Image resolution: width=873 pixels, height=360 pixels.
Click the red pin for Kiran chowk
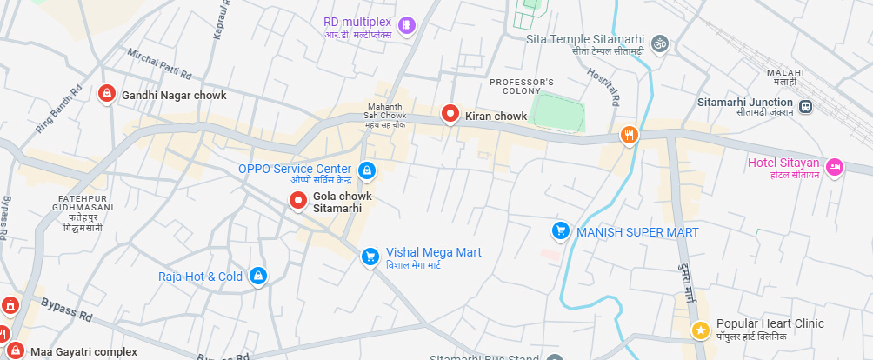[x=450, y=113]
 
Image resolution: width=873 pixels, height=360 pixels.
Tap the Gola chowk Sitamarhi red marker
[x=298, y=202]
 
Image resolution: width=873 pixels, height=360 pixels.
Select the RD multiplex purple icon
[x=406, y=25]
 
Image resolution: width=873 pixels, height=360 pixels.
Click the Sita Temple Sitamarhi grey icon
[x=660, y=42]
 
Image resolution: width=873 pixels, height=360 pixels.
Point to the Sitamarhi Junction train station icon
[x=806, y=107]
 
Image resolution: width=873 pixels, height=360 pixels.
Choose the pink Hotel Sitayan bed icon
[x=834, y=166]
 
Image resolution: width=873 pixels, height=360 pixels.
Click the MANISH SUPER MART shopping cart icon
[x=561, y=231]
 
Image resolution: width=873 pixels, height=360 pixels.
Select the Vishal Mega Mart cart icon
[x=370, y=256]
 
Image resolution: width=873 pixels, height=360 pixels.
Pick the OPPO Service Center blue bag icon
[x=367, y=170]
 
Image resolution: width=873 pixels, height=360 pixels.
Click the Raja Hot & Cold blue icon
[x=257, y=277]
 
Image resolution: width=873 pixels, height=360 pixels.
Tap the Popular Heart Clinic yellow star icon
[x=700, y=330]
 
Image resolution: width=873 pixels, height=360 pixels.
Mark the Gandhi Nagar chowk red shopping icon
[x=106, y=93]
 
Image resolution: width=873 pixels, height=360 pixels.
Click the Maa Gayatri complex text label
[x=83, y=352]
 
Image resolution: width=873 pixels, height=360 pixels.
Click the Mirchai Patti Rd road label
[x=159, y=62]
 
